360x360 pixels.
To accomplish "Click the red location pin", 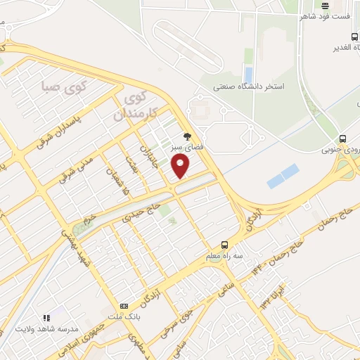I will (x=181, y=166).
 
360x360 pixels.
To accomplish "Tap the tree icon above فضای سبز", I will (x=187, y=136).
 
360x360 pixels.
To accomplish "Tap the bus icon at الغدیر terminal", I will (x=355, y=37).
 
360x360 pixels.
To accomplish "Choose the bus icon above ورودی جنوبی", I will (x=342, y=139).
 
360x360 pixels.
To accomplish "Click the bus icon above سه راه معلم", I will (x=224, y=244).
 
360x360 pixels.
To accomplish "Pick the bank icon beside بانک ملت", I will (x=124, y=306).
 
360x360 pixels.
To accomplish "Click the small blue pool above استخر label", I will (x=247, y=73).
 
